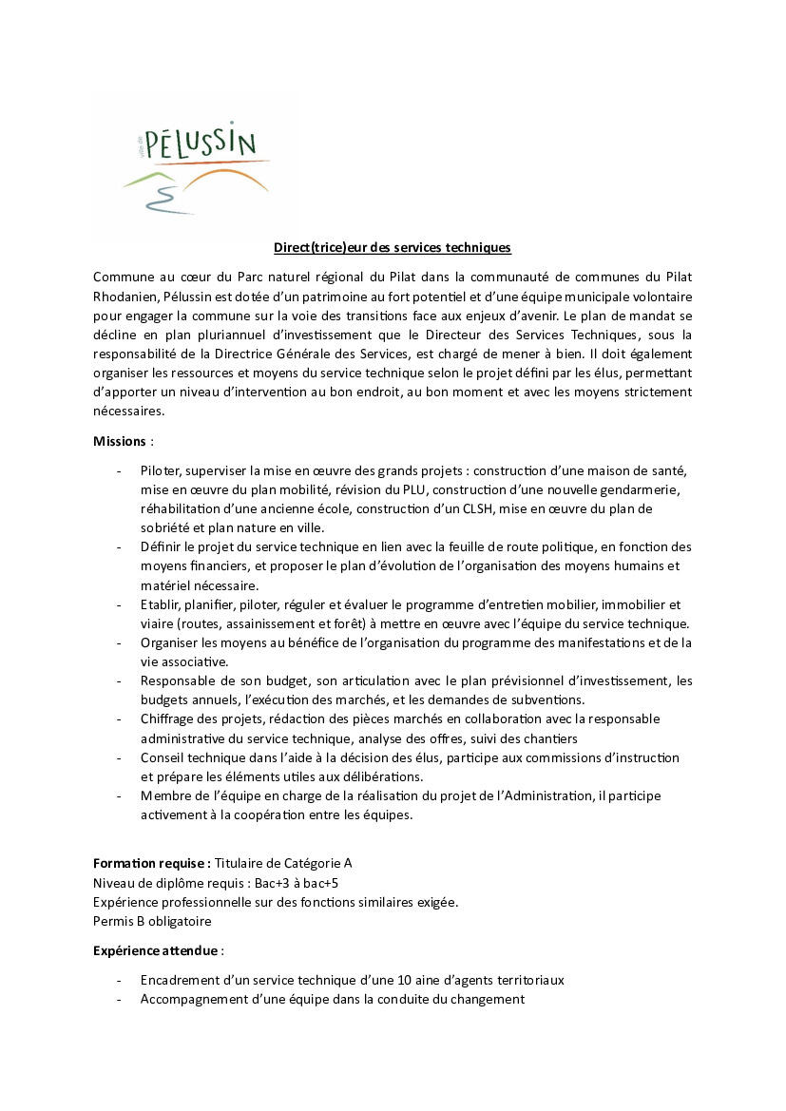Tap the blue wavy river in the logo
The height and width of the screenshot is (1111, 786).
click(x=161, y=196)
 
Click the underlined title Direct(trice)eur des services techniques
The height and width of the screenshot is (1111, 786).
click(x=393, y=248)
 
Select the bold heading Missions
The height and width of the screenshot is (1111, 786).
click(x=120, y=441)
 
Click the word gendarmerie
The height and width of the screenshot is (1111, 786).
click(x=642, y=489)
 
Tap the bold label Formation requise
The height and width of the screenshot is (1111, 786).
click(x=151, y=863)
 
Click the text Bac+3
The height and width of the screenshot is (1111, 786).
click(x=271, y=882)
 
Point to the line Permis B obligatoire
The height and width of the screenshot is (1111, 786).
click(x=152, y=921)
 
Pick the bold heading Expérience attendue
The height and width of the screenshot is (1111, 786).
click(x=156, y=950)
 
